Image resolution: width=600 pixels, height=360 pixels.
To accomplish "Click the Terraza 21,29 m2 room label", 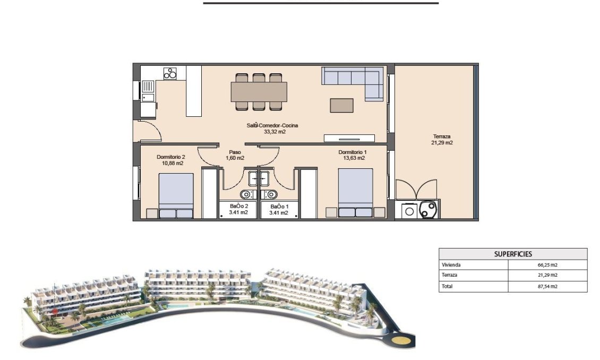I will tap(442, 139).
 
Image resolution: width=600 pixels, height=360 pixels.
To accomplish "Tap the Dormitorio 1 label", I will tap(352, 155).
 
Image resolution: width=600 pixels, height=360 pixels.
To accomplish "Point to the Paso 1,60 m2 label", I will tap(235, 155).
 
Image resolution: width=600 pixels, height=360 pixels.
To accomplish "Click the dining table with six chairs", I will tap(259, 91).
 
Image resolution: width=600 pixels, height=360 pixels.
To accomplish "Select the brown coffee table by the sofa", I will tap(341, 105).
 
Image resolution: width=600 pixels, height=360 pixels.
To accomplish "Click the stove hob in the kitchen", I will tap(170, 73).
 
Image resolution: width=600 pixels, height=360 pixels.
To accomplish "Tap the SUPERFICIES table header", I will tap(513, 254).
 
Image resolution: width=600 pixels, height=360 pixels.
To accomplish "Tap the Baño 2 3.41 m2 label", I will tap(238, 209).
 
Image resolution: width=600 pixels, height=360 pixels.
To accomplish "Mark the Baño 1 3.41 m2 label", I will tap(279, 209).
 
